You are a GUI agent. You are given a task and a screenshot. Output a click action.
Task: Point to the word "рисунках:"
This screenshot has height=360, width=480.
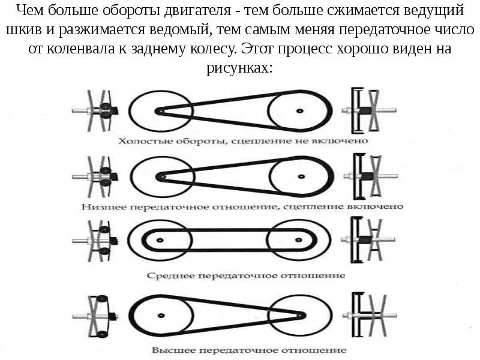pyautogui.click(x=240, y=67)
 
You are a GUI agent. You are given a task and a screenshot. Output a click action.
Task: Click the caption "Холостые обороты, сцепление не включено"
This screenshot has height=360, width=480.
pyautogui.click(x=242, y=140)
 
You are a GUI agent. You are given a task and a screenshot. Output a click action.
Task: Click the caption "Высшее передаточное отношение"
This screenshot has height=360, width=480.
pyautogui.click(x=248, y=349)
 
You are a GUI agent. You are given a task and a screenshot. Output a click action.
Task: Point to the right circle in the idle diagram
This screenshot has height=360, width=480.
pyautogui.click(x=298, y=110)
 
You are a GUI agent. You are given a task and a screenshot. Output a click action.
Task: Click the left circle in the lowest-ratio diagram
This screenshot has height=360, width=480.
pyautogui.click(x=158, y=177)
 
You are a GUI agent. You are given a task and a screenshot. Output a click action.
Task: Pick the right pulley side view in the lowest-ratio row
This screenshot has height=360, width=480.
pyautogui.click(x=367, y=177)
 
